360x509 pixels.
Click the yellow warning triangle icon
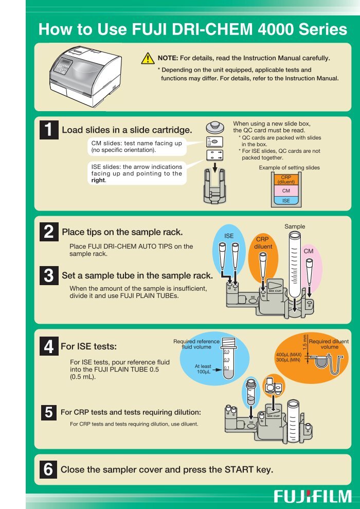click(x=148, y=59)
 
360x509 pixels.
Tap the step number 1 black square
click(x=49, y=130)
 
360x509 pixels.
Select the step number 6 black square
click(x=49, y=469)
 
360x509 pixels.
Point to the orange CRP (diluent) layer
click(x=286, y=180)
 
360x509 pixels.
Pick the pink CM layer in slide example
click(x=286, y=190)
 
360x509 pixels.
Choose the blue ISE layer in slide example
click(x=286, y=201)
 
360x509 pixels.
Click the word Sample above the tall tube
click(x=295, y=226)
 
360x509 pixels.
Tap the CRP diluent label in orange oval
click(x=263, y=243)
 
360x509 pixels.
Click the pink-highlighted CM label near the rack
click(x=309, y=251)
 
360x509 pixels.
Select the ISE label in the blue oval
click(x=229, y=236)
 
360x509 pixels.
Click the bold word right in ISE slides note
click(x=98, y=180)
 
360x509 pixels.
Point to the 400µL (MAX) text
click(x=289, y=355)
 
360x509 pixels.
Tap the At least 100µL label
click(x=203, y=369)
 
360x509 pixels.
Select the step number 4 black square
click(x=49, y=346)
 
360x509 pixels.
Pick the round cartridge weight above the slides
click(x=214, y=127)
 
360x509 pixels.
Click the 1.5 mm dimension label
click(x=304, y=342)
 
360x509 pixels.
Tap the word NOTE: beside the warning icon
click(x=168, y=58)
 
